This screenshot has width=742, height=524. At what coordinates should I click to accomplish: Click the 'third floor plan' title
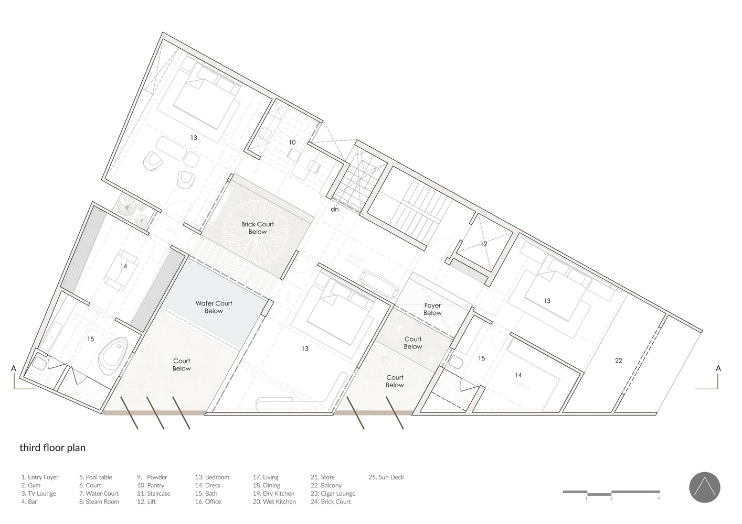52,447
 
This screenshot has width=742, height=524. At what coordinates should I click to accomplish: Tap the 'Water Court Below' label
214,307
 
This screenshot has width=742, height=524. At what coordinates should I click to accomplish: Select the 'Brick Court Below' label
257,227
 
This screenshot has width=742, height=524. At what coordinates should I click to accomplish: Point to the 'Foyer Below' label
432,309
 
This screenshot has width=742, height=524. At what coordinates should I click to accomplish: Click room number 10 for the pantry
292,142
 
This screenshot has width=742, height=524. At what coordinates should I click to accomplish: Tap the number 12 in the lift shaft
484,244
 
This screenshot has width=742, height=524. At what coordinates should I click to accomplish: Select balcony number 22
619,361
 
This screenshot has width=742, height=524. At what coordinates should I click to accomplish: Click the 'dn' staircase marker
335,209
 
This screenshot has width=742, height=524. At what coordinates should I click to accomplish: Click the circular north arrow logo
705,487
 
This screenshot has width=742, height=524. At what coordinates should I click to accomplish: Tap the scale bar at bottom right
611,493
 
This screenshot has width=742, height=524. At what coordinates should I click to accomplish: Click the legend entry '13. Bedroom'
212,477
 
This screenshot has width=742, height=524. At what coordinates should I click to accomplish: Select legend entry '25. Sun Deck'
386,477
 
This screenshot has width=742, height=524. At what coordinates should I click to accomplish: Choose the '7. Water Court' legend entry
99,493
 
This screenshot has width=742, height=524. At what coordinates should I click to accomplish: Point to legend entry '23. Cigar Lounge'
333,493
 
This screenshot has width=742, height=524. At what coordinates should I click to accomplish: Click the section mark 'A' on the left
14,368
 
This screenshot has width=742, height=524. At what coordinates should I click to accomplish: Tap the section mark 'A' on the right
718,368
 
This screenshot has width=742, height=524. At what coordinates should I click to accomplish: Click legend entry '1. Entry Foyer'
40,477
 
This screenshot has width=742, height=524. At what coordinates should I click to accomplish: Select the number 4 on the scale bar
659,498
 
